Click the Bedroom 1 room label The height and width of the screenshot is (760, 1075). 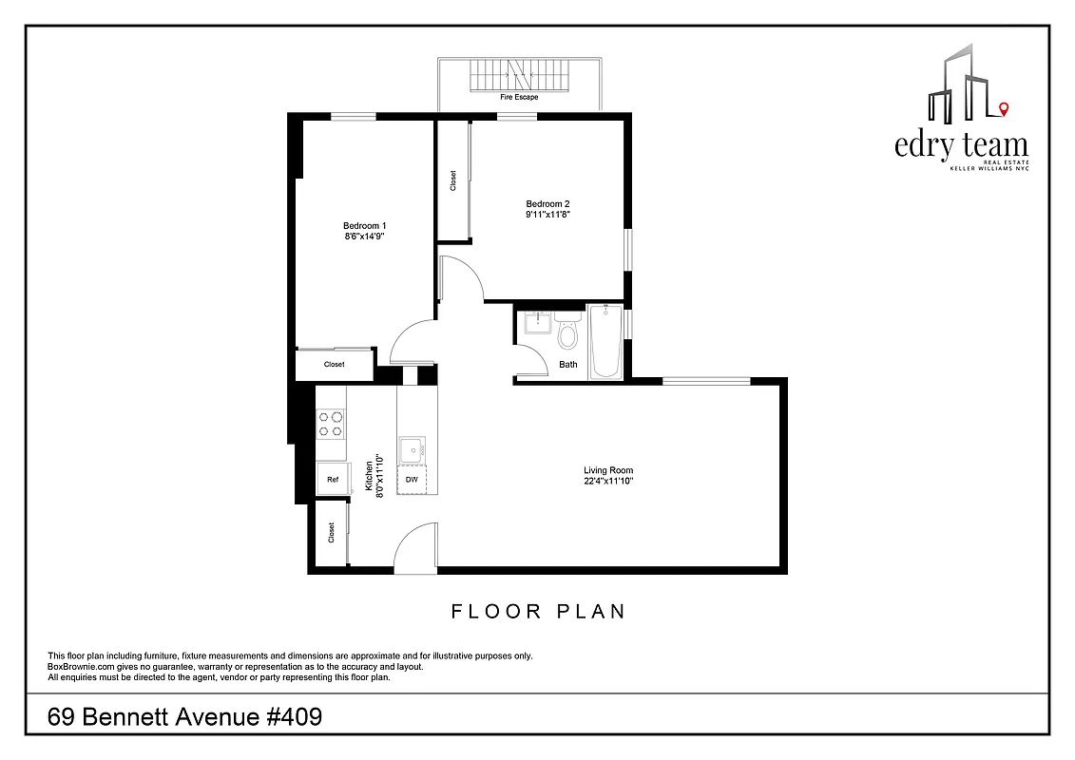[x=365, y=225]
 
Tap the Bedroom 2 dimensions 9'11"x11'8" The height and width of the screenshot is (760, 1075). [x=547, y=215]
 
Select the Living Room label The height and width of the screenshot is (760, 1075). [x=608, y=470]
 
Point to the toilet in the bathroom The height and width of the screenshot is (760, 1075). [x=568, y=335]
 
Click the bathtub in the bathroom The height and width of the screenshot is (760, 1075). [x=605, y=342]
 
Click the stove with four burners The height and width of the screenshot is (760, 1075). [x=330, y=423]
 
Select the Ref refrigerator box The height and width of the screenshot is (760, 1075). [x=332, y=480]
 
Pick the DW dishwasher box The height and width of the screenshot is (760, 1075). [x=412, y=480]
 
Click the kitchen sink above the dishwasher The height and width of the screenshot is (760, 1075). [x=413, y=449]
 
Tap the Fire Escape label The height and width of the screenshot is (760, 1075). [x=519, y=97]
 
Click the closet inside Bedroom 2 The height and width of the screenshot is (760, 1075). [x=452, y=180]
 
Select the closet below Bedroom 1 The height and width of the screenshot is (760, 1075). [x=334, y=365]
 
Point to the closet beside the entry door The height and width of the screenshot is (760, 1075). [x=331, y=533]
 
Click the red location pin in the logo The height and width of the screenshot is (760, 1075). [x=1004, y=111]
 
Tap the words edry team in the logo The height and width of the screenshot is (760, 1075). [x=961, y=145]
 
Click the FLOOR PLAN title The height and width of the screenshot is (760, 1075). [x=538, y=611]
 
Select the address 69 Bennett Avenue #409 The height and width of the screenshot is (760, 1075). [x=184, y=716]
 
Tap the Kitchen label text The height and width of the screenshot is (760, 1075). [x=368, y=476]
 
